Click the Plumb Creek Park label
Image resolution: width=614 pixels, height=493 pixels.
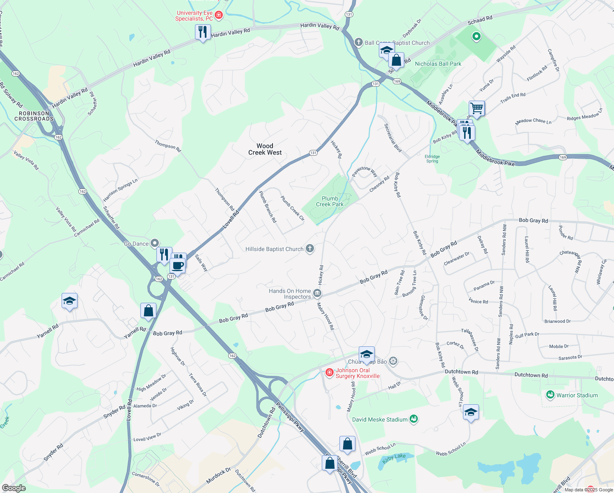click(x=330, y=201)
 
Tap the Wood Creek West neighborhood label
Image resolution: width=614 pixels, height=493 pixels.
click(x=265, y=149)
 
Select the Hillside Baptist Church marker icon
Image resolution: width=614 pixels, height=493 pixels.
click(x=310, y=249)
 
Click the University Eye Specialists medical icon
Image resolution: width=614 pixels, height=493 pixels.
click(x=219, y=16)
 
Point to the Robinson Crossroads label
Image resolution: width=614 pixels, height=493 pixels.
click(x=34, y=116)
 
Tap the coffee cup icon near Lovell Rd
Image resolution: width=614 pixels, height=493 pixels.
click(x=178, y=265)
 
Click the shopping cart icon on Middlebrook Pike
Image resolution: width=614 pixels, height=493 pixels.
click(x=477, y=108)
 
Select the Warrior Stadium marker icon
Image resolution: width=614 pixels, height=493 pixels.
click(x=550, y=395)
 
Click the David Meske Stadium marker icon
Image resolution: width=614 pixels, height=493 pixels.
click(x=414, y=419)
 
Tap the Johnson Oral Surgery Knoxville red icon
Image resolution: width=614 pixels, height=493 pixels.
click(x=329, y=373)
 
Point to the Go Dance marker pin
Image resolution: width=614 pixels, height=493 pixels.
click(x=155, y=244)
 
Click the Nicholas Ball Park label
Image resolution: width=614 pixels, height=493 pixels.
click(x=438, y=64)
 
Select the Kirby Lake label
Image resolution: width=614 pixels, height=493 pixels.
click(x=394, y=456)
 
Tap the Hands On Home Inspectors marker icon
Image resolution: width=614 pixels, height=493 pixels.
click(x=317, y=293)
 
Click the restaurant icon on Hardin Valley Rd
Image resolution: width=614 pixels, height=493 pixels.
click(x=203, y=32)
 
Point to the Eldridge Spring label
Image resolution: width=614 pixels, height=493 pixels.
click(x=432, y=159)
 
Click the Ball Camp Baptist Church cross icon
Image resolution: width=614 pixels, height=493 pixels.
click(x=359, y=42)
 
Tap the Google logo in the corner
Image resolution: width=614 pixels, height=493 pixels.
click(x=14, y=488)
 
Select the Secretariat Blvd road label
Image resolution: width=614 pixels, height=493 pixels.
click(x=393, y=138)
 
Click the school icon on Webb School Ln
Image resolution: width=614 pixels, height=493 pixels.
click(x=471, y=412)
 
